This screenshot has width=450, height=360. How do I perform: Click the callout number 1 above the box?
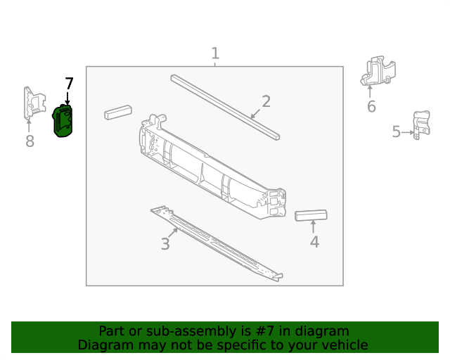click(x=215, y=53)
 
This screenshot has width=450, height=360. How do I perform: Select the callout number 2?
click(x=266, y=101)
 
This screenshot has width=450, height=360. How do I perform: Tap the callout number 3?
click(x=165, y=244)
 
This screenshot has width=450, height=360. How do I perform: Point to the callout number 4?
click(x=314, y=242)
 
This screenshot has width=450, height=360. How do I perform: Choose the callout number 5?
click(x=397, y=131)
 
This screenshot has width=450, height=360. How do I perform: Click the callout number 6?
click(x=371, y=107)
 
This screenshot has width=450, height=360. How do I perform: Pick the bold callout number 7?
click(x=69, y=84)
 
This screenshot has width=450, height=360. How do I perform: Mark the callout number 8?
click(x=30, y=142)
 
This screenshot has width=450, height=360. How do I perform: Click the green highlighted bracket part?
click(x=63, y=121)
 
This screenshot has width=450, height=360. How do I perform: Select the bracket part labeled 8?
click(x=30, y=103)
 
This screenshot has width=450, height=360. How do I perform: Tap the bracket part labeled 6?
click(x=378, y=72)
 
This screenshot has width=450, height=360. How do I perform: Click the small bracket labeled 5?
click(x=420, y=125)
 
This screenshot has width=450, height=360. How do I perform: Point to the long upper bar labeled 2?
click(x=225, y=105)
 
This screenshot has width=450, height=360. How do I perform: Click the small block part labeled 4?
click(x=311, y=215)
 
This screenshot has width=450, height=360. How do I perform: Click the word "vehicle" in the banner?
click(x=342, y=345)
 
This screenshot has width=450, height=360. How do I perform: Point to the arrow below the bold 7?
click(x=67, y=99)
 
